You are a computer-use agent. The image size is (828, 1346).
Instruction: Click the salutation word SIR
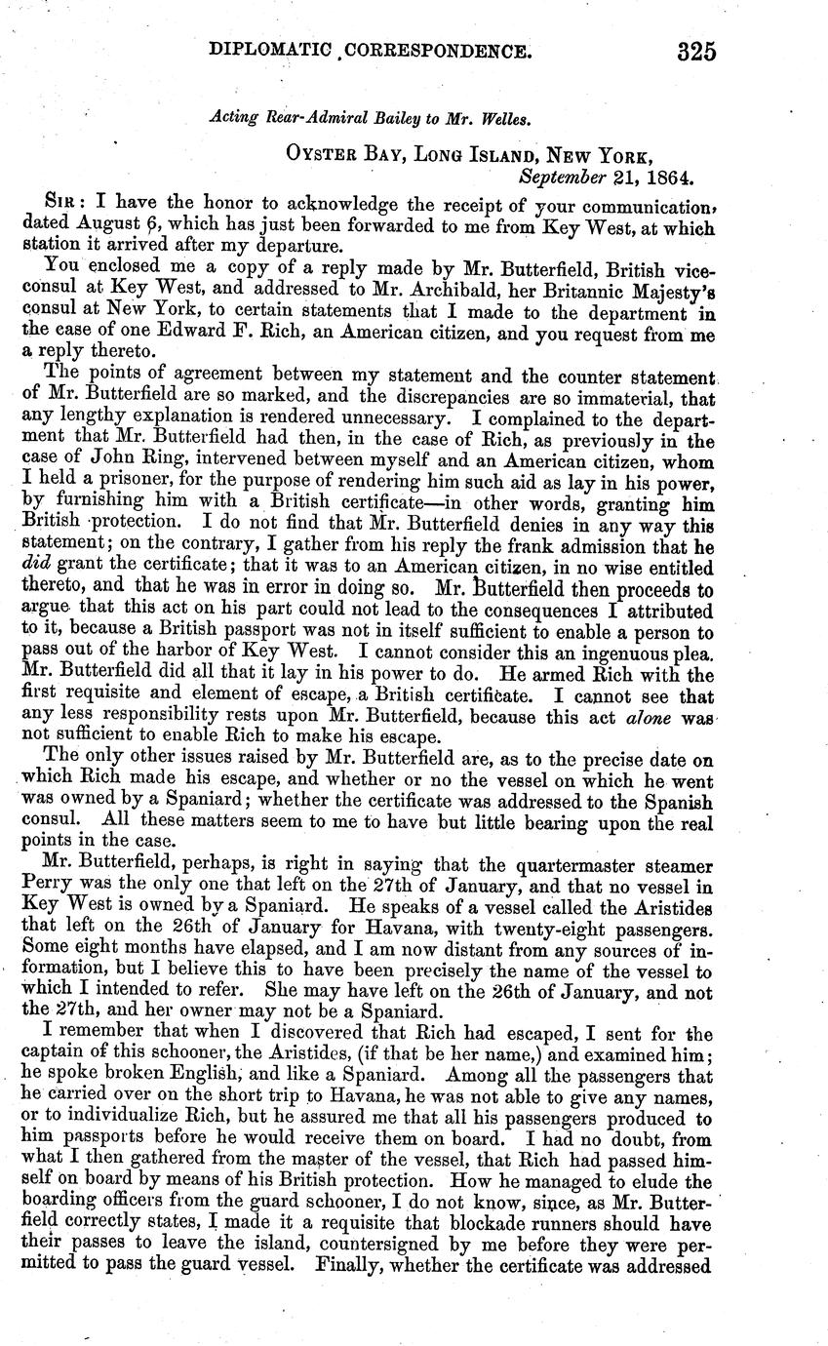pyautogui.click(x=65, y=202)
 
